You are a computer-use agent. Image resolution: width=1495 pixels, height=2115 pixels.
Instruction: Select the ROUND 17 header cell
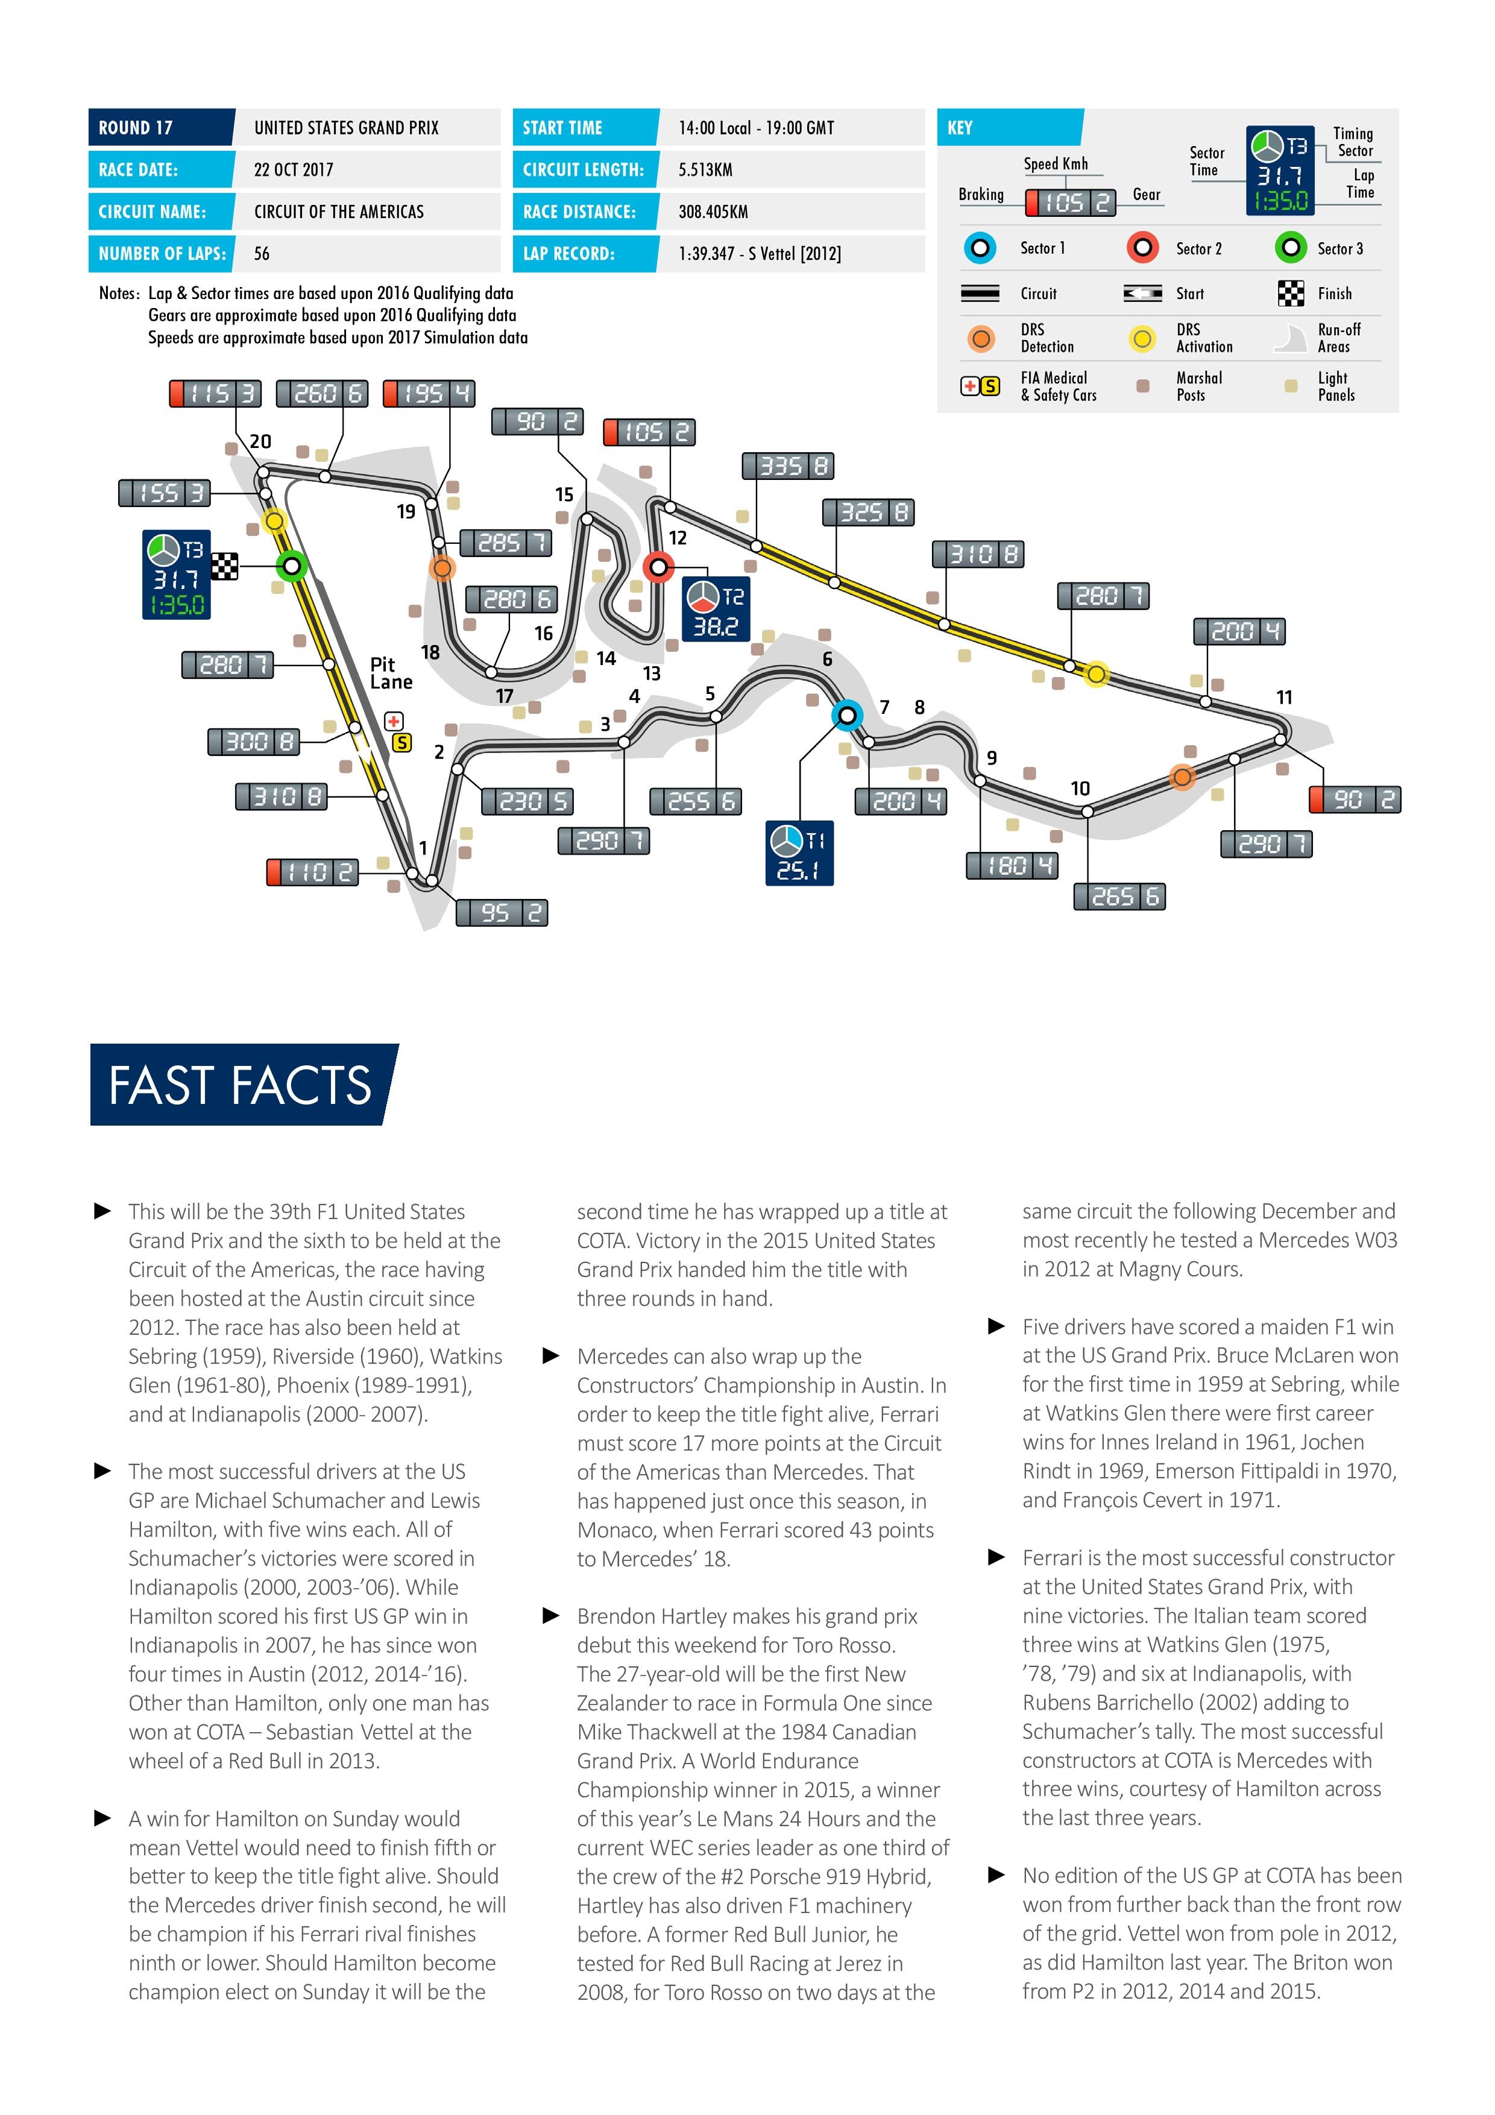(x=160, y=127)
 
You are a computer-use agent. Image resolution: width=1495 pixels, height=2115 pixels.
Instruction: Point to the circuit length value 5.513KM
(x=705, y=169)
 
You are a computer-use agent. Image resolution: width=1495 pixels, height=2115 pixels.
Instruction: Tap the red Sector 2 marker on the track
(x=658, y=567)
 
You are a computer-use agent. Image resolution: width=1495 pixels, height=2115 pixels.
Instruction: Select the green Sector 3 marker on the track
(x=291, y=565)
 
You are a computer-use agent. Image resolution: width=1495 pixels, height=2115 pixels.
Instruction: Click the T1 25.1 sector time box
(x=799, y=853)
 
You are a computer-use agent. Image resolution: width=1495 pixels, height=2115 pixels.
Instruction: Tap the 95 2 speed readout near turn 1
(x=502, y=913)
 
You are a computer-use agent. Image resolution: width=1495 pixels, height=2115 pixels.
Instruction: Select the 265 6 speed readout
(x=1119, y=897)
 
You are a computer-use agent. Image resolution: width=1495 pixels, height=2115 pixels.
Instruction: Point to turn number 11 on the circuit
(x=1284, y=698)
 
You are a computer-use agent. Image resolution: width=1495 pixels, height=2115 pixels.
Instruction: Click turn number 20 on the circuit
(x=260, y=441)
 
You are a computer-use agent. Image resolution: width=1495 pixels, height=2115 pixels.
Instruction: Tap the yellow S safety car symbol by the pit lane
(x=401, y=742)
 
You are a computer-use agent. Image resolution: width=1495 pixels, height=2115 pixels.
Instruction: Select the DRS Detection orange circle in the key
(x=981, y=339)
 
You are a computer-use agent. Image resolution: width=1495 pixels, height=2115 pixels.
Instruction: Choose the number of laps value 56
(x=262, y=254)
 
